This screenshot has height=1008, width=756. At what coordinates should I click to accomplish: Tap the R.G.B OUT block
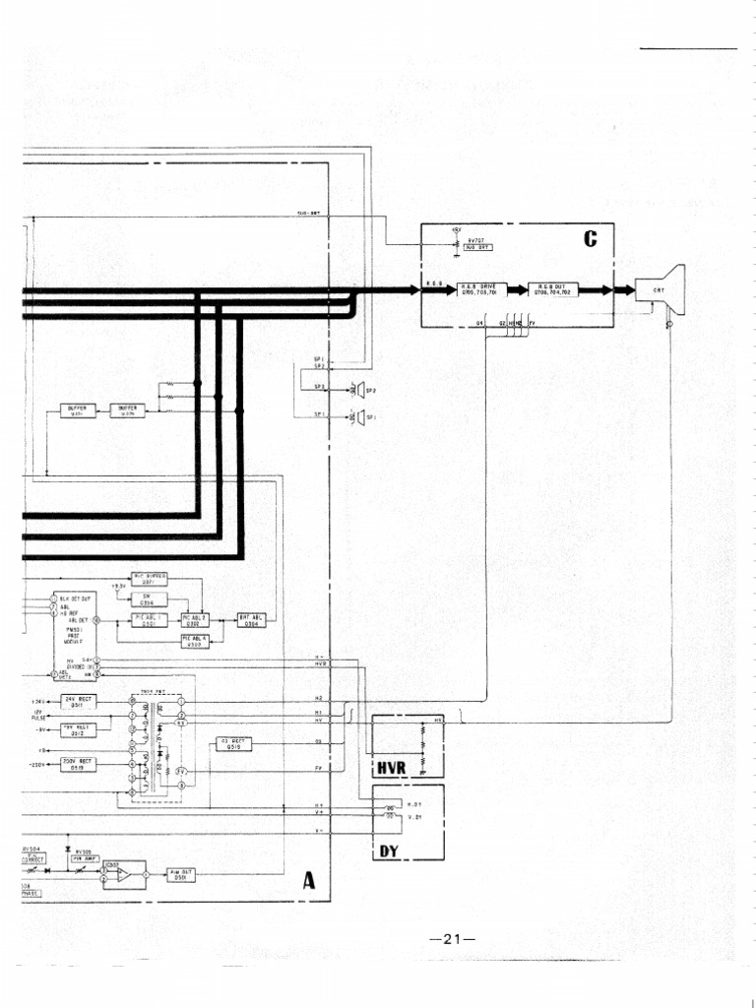(x=554, y=289)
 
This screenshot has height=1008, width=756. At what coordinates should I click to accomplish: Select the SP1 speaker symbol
(x=359, y=417)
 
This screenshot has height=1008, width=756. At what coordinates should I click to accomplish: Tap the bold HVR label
(x=392, y=766)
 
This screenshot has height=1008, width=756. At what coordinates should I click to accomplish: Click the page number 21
(x=453, y=938)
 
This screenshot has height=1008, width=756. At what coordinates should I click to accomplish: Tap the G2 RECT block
(x=233, y=743)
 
